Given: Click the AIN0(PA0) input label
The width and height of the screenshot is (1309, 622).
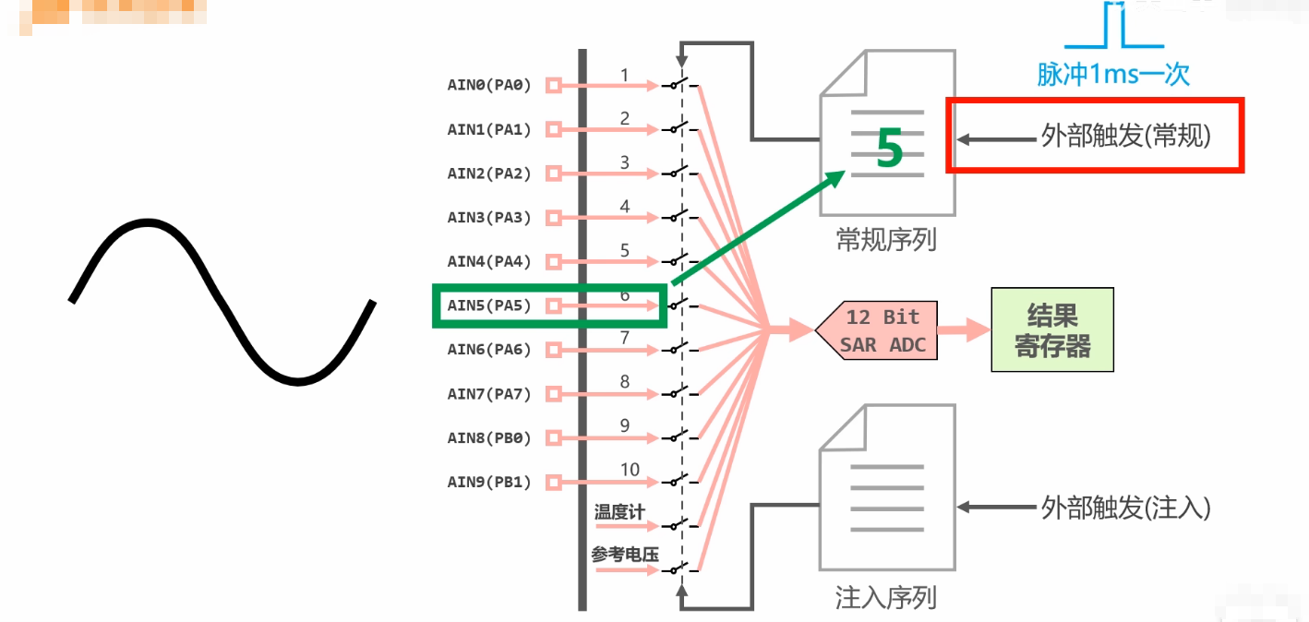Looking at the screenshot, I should tap(489, 86).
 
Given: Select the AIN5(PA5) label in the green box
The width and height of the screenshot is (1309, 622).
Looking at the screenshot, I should tap(489, 305).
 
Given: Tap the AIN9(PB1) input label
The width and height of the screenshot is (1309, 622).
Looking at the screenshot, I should tap(489, 482).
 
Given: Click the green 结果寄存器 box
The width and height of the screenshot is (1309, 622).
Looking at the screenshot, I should tap(1052, 330).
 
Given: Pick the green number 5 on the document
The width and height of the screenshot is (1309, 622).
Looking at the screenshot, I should tap(888, 150).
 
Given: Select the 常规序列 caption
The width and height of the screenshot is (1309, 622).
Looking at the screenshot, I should tap(886, 241).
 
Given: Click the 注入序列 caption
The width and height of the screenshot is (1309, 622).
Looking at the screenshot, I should tap(886, 598).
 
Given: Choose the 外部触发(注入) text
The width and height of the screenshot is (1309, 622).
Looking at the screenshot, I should tap(1125, 508).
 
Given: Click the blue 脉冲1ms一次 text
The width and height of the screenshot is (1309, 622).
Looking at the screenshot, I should tap(1113, 74).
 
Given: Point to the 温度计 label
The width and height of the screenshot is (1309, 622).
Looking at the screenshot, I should tap(619, 512).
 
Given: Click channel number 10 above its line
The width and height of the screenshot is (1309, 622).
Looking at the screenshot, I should tap(630, 469).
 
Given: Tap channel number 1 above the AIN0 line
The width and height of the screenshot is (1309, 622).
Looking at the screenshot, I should tap(625, 74).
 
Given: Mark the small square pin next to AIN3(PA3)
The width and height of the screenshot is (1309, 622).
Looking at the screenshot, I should tap(553, 218).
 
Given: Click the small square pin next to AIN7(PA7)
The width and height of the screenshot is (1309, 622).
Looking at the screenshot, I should tap(553, 394).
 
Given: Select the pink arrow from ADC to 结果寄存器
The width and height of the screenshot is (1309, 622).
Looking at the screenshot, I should tap(964, 331).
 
